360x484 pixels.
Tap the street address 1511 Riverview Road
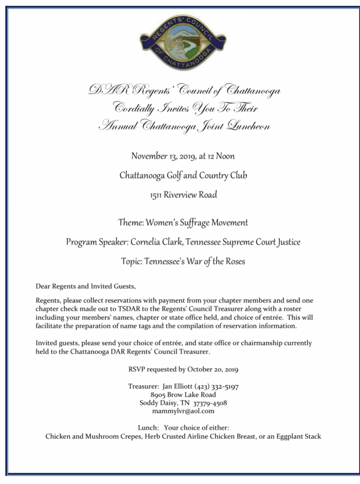click(183, 195)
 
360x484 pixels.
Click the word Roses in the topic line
click(234, 261)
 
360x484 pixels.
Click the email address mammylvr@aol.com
click(183, 411)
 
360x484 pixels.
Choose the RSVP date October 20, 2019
click(212, 369)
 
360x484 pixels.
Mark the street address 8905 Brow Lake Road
click(183, 395)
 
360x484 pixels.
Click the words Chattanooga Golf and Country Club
click(183, 175)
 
